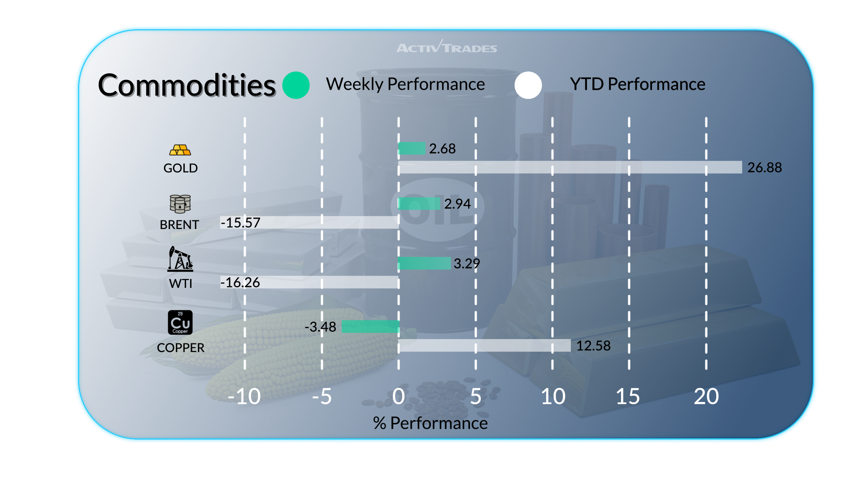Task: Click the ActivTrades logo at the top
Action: point(447,47)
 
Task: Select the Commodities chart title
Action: point(187,85)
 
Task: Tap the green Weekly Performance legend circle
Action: point(296,85)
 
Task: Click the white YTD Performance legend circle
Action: point(528,85)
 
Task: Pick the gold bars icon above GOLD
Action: point(180,150)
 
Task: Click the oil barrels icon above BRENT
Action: point(180,204)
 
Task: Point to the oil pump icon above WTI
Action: point(180,259)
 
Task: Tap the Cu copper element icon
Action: point(180,322)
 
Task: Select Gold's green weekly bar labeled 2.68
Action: point(412,148)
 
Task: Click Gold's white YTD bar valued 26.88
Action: point(570,167)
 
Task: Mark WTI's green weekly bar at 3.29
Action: point(424,263)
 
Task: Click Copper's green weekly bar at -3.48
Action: point(370,327)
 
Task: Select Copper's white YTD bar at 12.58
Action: point(484,345)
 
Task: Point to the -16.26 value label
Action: point(240,282)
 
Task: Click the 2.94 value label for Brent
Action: point(457,204)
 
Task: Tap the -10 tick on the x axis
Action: point(244,397)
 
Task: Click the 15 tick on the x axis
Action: point(628,397)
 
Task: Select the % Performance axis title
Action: point(430,423)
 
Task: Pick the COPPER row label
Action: point(181,348)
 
